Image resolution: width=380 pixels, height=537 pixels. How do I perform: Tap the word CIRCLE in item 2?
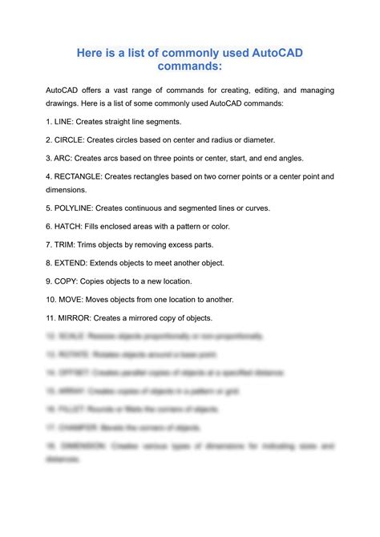coord(74,139)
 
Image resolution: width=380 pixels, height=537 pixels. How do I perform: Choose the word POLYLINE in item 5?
coord(80,208)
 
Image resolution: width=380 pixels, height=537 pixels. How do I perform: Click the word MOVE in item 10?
coord(75,299)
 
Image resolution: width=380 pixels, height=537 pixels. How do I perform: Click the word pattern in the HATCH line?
coord(201,226)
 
